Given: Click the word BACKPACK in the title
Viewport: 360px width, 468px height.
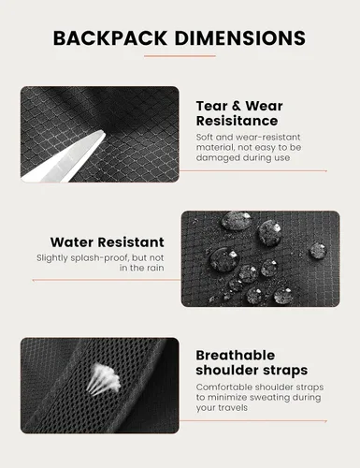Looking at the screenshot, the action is pyautogui.click(x=110, y=38).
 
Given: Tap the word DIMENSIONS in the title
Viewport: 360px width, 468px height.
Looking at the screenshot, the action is pyautogui.click(x=240, y=38).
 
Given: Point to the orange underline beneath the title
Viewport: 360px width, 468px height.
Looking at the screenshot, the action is pyautogui.click(x=180, y=56).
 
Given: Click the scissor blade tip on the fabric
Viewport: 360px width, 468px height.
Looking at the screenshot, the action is pyautogui.click(x=104, y=134).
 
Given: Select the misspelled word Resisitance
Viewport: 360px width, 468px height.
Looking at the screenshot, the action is pyautogui.click(x=237, y=121).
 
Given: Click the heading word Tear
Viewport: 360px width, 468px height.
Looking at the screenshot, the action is pyautogui.click(x=211, y=106).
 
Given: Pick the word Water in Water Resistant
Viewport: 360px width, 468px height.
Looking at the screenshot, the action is pyautogui.click(x=73, y=242).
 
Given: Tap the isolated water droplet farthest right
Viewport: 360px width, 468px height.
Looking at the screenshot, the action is pyautogui.click(x=318, y=251).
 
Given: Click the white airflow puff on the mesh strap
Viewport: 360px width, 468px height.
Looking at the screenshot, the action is pyautogui.click(x=105, y=378).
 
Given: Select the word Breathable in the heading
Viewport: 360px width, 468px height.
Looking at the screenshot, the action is pyautogui.click(x=236, y=356).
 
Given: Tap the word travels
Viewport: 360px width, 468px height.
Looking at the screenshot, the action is pyautogui.click(x=233, y=407).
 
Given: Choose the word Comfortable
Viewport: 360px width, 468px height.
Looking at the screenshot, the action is pyautogui.click(x=224, y=388).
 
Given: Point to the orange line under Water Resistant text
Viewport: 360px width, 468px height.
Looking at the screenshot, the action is pyautogui.click(x=107, y=280).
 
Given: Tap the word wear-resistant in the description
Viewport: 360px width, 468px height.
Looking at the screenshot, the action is pyautogui.click(x=268, y=138).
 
